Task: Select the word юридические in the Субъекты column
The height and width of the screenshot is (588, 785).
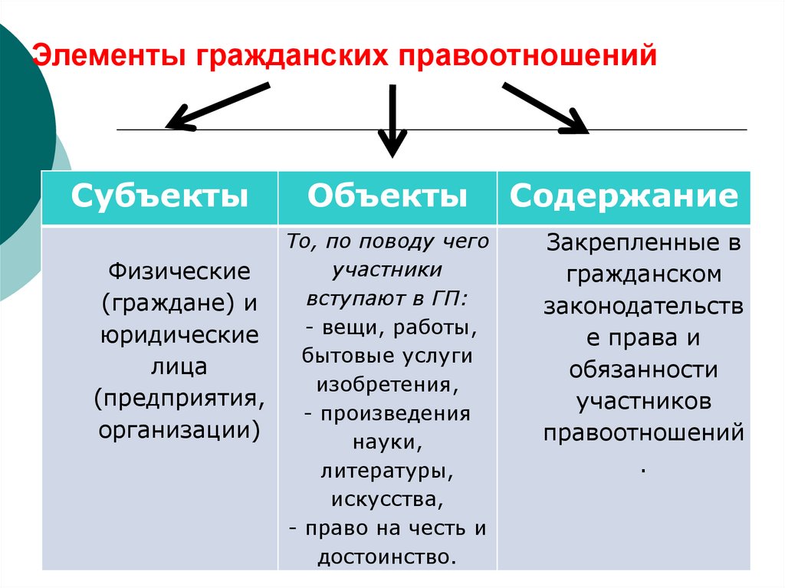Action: [x=179, y=334]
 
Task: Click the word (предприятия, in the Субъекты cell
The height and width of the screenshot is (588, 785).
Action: [x=179, y=397]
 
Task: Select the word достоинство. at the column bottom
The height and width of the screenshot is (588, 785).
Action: [x=387, y=556]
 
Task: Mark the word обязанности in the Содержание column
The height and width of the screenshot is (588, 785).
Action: [x=643, y=369]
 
